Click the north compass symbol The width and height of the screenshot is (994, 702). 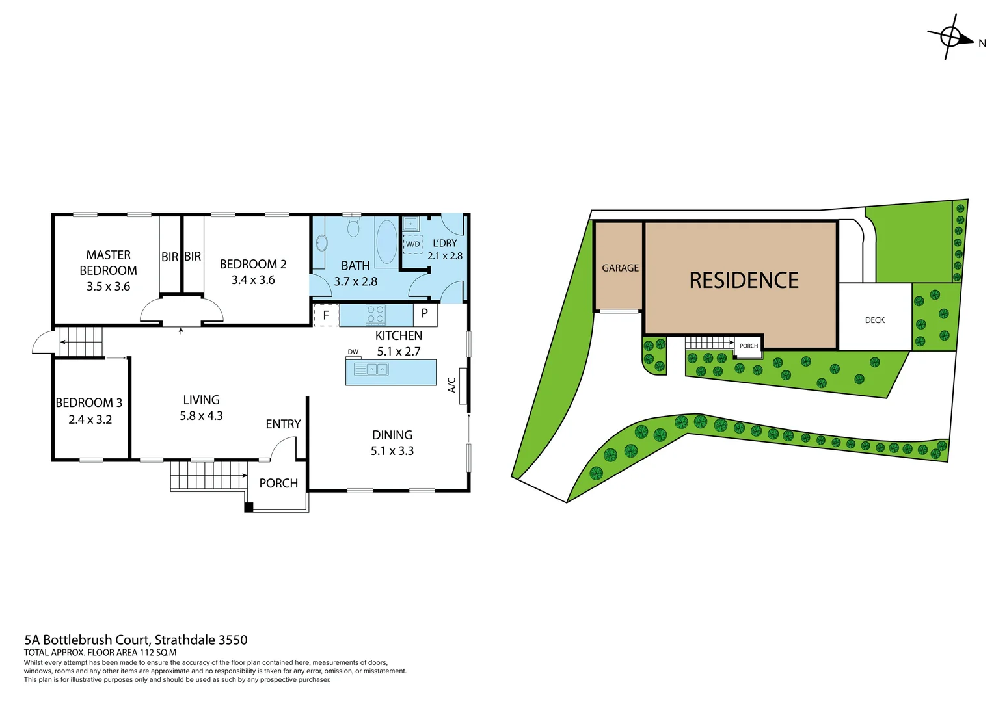pos(950,37)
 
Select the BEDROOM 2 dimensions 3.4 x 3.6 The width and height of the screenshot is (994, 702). pos(253,280)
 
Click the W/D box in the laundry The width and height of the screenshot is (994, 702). pos(412,244)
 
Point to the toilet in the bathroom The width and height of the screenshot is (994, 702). pos(353,227)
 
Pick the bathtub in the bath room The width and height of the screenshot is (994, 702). pos(386,242)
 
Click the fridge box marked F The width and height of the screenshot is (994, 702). pos(326,315)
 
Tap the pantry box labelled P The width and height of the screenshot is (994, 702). pos(425,314)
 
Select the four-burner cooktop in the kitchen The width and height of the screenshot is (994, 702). pos(375,315)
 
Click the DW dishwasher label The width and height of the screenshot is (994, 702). pos(353,352)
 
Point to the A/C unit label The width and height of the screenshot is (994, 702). pos(452,385)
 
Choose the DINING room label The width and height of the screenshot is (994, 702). pos(392,435)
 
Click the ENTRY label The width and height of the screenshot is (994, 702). pos(283,424)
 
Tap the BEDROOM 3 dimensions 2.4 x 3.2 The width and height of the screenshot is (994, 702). pos(90,420)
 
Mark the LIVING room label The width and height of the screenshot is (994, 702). pos(201,400)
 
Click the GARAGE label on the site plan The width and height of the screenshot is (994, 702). pos(620,268)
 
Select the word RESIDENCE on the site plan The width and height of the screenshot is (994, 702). pos(744,280)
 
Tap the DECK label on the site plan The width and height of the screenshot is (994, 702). pos(874,320)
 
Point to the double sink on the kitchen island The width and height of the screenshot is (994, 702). pos(371,369)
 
